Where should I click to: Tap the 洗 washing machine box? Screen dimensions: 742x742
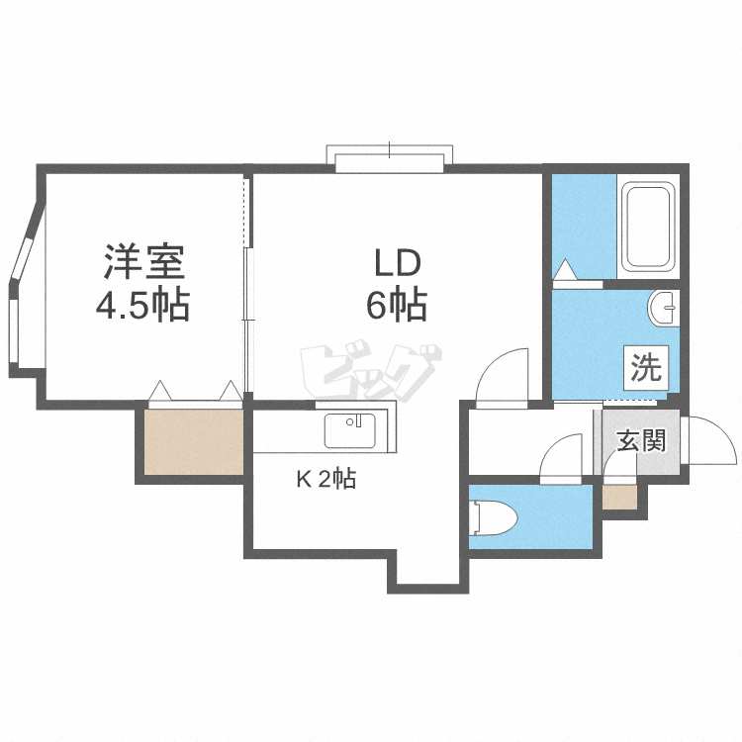click(x=645, y=369)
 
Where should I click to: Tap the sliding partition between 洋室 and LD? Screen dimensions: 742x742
click(x=246, y=287)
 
